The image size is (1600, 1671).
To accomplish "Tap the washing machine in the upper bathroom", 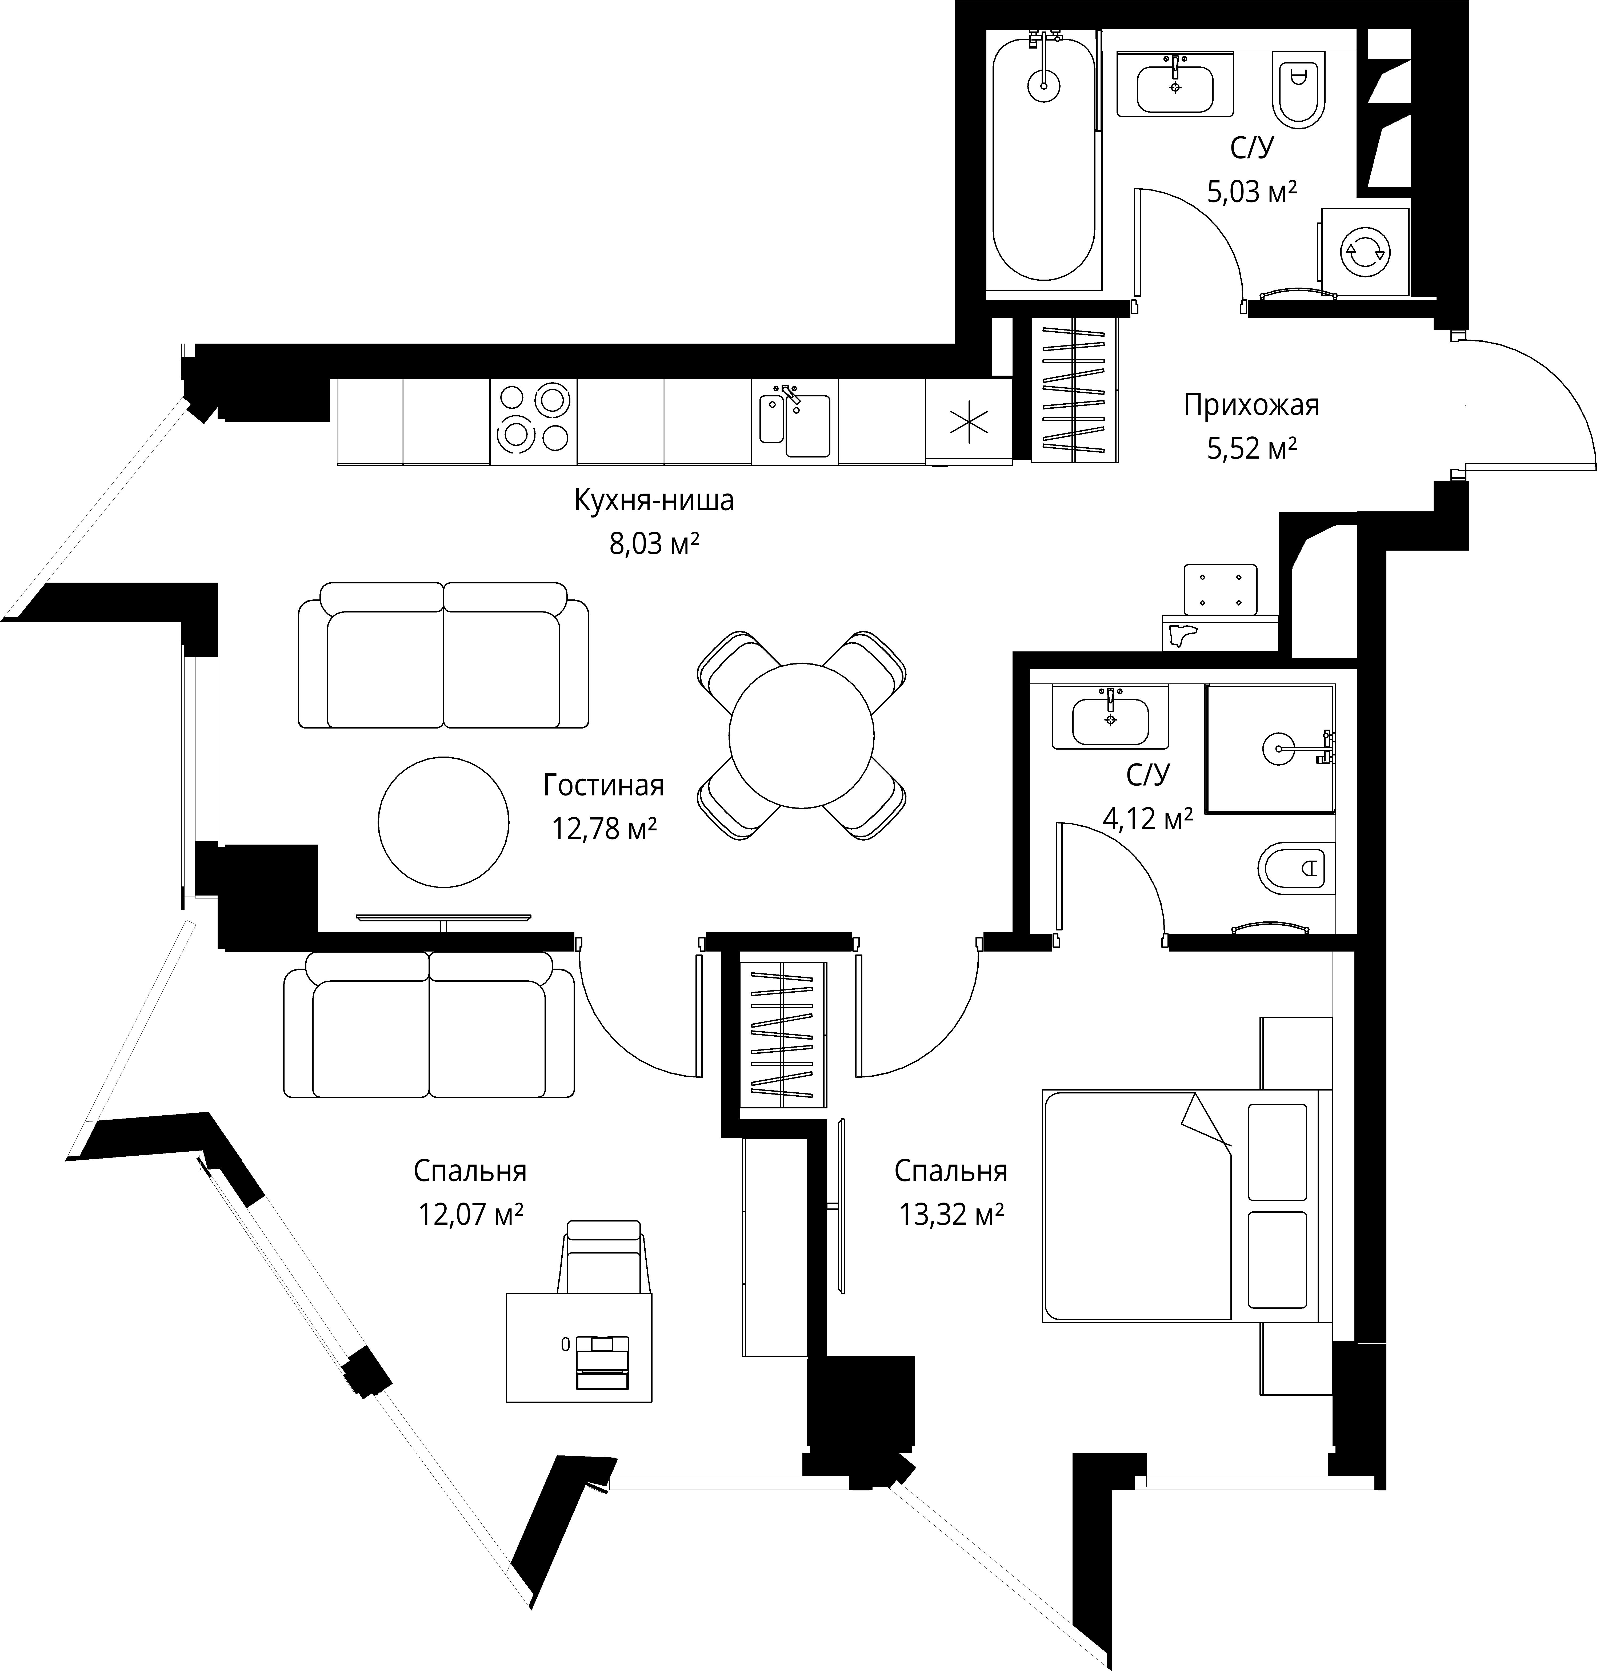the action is pyautogui.click(x=1364, y=252).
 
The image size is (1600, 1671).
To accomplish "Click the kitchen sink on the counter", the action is pyautogui.click(x=794, y=422).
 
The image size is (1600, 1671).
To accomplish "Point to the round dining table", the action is pyautogui.click(x=801, y=735).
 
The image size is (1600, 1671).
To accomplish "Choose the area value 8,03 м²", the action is pyautogui.click(x=654, y=543).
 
